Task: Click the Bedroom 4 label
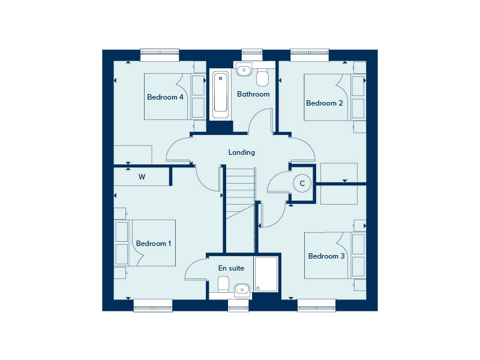165,97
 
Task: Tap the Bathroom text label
253,94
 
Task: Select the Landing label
242,152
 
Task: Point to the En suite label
231,268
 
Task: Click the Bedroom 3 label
326,256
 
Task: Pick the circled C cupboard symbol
302,184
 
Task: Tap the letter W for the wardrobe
142,177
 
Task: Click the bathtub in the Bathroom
220,95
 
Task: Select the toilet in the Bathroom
262,77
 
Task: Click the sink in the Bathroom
244,70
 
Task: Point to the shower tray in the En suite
266,274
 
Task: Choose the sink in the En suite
242,289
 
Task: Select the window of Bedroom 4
160,55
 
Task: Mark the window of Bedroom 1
153,305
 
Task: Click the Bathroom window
252,55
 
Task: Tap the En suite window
238,305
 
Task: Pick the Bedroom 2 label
324,103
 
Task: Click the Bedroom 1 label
154,244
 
